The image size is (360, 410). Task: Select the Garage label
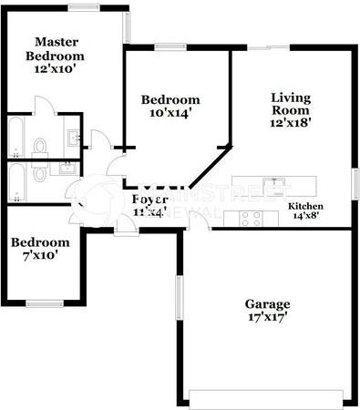(x=267, y=303)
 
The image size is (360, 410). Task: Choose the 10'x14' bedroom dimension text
(x=170, y=114)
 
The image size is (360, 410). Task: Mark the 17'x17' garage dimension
(x=267, y=319)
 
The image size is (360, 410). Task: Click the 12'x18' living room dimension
(x=292, y=125)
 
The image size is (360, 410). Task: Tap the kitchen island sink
(x=273, y=187)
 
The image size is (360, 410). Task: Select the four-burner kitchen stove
(x=251, y=218)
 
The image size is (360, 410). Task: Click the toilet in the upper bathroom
(x=40, y=146)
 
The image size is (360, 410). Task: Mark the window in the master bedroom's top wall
(x=84, y=7)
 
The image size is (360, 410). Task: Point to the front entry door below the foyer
(x=127, y=229)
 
